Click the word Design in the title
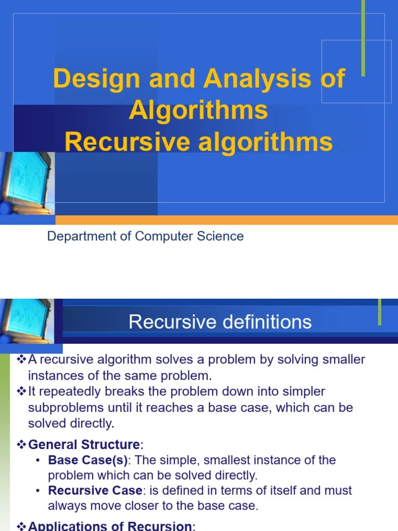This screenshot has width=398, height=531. [x=96, y=79]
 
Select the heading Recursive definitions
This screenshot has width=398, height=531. [x=220, y=322]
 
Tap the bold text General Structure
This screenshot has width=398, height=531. [x=84, y=444]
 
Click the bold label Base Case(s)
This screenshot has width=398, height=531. [x=88, y=460]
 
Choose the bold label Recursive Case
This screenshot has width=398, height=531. [x=95, y=491]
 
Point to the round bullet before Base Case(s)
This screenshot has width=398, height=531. [x=39, y=460]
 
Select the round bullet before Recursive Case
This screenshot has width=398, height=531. [x=39, y=491]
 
